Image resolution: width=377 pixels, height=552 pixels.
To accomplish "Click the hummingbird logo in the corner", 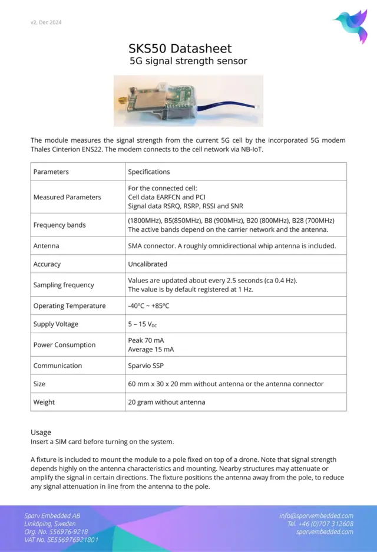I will pos(352,25).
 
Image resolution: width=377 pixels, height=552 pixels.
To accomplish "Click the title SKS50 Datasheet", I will pos(180,48).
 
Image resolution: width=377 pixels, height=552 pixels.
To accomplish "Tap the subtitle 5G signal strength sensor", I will pos(188,61).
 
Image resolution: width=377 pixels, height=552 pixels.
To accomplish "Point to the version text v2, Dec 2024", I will pos(46,22).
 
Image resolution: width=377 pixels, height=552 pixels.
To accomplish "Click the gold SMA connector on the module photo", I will pos(121,100).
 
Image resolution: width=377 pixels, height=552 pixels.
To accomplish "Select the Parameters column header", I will pos(51,172).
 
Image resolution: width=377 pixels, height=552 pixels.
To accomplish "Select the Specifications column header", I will pos(149,172).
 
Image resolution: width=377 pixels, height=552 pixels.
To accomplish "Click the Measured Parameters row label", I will pos(67,197).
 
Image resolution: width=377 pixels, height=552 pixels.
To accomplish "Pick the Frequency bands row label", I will pos(59,225).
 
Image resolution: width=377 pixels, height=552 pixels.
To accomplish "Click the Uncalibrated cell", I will pos(147,264).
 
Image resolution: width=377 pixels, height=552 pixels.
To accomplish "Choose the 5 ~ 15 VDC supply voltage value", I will pos(143,324).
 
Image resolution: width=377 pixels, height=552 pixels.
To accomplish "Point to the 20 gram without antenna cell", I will pos(167,402).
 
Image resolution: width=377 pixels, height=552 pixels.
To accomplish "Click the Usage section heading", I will pos(41,432).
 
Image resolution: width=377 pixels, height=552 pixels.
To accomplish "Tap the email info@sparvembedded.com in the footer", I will pos(316,515).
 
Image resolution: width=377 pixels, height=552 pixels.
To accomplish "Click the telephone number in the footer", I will pos(320,524).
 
